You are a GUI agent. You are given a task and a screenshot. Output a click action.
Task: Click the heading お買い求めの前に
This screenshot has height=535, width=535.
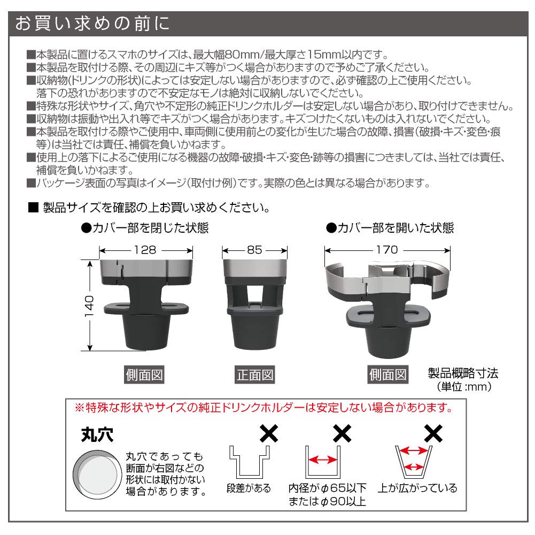(x=92, y=24)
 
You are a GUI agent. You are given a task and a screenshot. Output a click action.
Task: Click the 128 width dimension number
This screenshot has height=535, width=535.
(x=145, y=250)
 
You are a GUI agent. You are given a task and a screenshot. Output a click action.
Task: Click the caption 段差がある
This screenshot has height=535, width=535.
(x=249, y=488)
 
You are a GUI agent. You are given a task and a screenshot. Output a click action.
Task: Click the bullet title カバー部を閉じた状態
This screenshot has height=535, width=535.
(x=144, y=228)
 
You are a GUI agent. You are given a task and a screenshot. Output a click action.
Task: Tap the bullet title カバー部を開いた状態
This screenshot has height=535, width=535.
(x=390, y=228)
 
